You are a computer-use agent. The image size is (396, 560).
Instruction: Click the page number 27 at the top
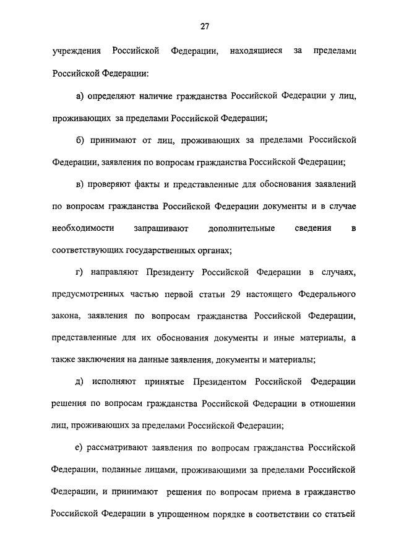coord(204,26)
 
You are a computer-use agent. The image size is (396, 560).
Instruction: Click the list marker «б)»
coord(80,141)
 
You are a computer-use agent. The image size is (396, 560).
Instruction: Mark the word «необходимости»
coord(82,228)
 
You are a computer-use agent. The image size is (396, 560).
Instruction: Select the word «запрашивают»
coord(161,228)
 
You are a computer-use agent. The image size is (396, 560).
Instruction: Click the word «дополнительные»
coord(242,228)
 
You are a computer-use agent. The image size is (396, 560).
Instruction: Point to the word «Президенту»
coord(170,272)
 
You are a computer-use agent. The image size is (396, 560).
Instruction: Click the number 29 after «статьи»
coord(235,294)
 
